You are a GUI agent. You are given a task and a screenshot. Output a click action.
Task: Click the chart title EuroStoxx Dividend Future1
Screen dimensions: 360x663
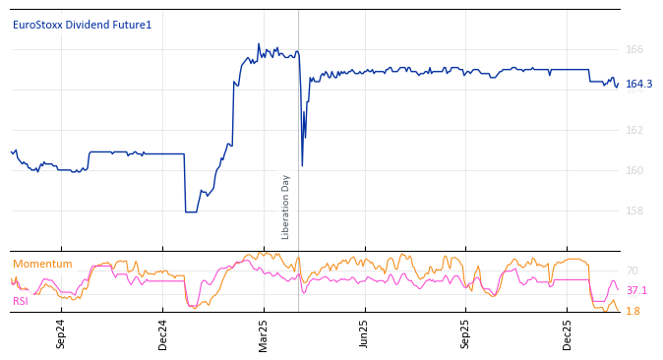click(x=82, y=25)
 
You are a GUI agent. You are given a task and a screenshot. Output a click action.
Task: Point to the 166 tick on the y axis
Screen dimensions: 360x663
click(x=634, y=49)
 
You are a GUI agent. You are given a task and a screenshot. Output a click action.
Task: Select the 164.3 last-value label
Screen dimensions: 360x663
click(x=638, y=84)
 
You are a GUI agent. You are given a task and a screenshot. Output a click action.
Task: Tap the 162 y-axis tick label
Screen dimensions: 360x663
click(x=634, y=130)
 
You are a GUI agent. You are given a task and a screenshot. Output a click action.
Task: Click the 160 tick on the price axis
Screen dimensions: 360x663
click(x=634, y=170)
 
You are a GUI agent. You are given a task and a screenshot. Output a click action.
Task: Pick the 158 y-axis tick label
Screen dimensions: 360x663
click(x=634, y=210)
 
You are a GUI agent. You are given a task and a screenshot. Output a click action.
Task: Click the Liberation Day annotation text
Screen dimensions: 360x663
click(x=286, y=207)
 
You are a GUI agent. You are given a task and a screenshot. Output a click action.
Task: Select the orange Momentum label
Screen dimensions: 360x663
click(x=42, y=264)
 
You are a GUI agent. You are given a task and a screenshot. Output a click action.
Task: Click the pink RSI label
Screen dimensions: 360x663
click(x=20, y=301)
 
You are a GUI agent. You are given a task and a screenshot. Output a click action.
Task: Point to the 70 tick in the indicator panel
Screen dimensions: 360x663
click(x=632, y=270)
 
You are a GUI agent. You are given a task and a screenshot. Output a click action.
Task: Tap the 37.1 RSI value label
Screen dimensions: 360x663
click(x=636, y=290)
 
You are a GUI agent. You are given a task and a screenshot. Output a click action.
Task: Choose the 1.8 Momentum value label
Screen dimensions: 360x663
click(x=633, y=311)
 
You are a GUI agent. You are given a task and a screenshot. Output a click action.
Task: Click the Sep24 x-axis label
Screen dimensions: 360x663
click(x=61, y=333)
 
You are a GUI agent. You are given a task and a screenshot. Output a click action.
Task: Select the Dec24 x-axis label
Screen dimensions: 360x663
click(x=163, y=333)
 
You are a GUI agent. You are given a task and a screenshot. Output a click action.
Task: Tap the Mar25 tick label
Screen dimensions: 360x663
click(x=264, y=333)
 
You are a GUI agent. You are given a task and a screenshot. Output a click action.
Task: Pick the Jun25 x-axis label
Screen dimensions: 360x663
click(x=364, y=333)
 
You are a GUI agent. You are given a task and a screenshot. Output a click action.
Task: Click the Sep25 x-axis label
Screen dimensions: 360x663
click(x=465, y=333)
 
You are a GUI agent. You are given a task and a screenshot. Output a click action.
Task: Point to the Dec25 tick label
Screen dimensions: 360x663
click(x=567, y=333)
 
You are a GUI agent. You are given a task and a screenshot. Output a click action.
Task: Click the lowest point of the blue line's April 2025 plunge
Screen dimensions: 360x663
click(x=302, y=165)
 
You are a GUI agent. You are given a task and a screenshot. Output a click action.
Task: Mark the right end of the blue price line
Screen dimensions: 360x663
click(x=618, y=85)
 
